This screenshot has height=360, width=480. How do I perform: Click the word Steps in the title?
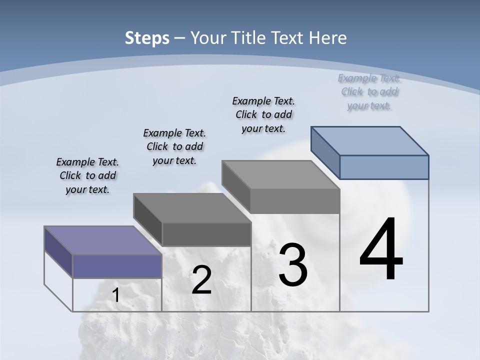147,38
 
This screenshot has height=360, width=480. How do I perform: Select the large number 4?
381,249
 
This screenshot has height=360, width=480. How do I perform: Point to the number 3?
292,264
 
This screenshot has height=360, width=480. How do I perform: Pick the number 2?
201,280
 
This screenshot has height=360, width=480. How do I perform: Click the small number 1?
116,295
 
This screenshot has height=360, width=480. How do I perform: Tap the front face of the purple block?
117,266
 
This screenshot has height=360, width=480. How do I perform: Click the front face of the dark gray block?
206,234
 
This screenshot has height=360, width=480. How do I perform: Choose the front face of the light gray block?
295,201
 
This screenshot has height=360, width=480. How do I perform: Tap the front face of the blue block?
384,167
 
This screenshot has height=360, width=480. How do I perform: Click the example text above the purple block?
87,175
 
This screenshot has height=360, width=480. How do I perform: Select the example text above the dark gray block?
174,146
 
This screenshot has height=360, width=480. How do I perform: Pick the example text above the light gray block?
263,114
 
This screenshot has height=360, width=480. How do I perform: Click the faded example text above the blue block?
369,91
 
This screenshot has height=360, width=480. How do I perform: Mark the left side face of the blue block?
325,152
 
